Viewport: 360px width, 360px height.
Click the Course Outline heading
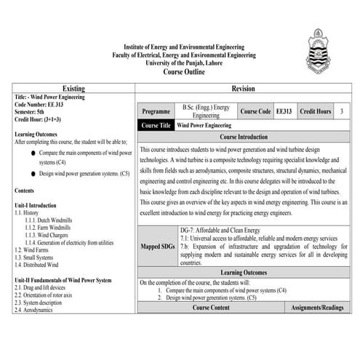coord(179,73)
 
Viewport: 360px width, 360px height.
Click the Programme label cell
coord(156,112)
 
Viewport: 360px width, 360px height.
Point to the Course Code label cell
coord(255,112)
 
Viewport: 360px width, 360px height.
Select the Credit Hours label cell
coord(315,112)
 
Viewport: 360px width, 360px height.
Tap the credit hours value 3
coord(342,112)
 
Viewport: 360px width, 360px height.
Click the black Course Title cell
coord(156,125)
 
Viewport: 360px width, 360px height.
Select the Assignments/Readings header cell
coord(316,308)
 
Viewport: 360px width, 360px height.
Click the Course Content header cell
coord(211,308)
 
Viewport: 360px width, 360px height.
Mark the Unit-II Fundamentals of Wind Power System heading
coord(63,280)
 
